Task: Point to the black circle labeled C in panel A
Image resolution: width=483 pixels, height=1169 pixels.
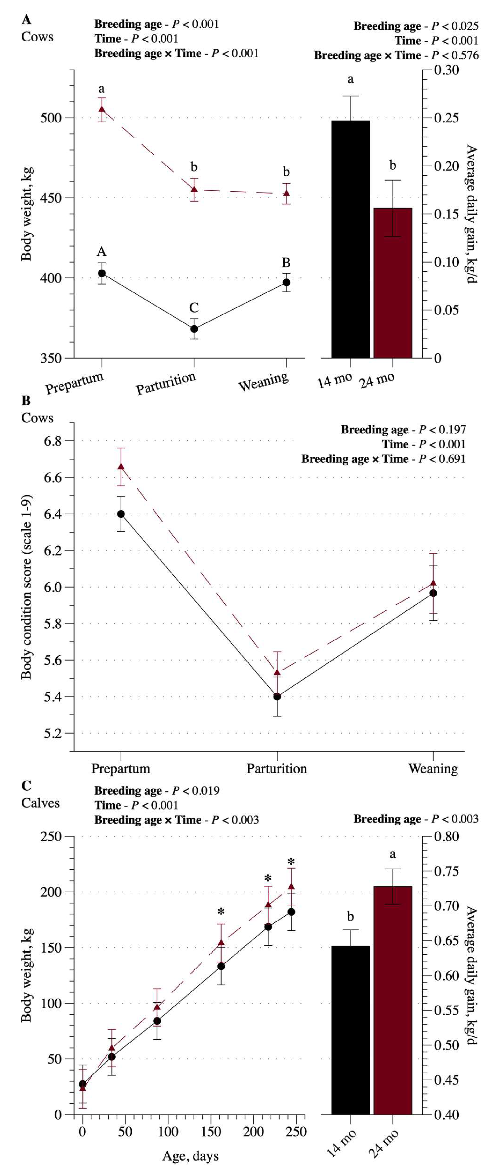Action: [x=194, y=329]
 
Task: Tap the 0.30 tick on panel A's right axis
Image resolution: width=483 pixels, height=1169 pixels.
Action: [x=447, y=70]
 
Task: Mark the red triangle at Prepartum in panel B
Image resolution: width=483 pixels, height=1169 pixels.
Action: [x=121, y=466]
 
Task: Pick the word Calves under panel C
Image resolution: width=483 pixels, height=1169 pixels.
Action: [x=40, y=803]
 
